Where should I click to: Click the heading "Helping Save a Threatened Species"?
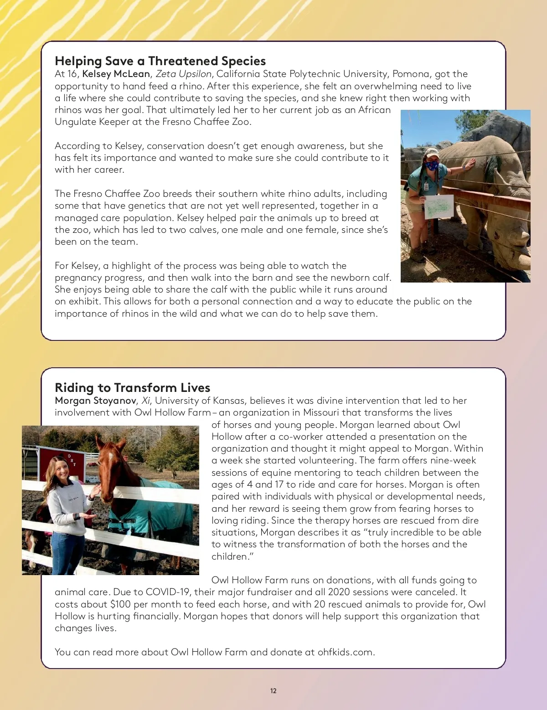(x=160, y=61)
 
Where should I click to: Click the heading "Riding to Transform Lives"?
(x=132, y=388)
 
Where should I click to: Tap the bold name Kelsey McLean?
(x=116, y=74)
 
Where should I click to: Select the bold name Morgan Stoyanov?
(x=95, y=401)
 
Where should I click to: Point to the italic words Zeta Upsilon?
(x=183, y=74)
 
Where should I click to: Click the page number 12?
(x=273, y=691)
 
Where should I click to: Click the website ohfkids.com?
(x=345, y=652)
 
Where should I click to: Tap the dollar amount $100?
(x=120, y=604)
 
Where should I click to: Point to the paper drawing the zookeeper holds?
(x=439, y=206)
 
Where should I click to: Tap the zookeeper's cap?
(x=431, y=153)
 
